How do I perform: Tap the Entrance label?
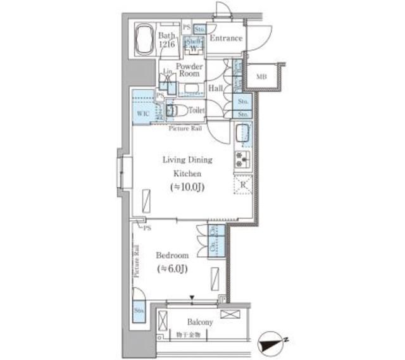226,39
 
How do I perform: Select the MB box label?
261,77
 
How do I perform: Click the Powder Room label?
189,70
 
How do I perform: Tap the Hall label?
215,89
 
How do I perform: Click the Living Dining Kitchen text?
188,167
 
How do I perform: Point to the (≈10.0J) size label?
188,189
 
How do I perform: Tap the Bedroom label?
172,255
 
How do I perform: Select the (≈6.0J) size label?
172,270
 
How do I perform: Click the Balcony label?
200,322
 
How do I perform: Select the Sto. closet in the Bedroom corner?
139,311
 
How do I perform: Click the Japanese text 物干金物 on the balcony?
187,334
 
